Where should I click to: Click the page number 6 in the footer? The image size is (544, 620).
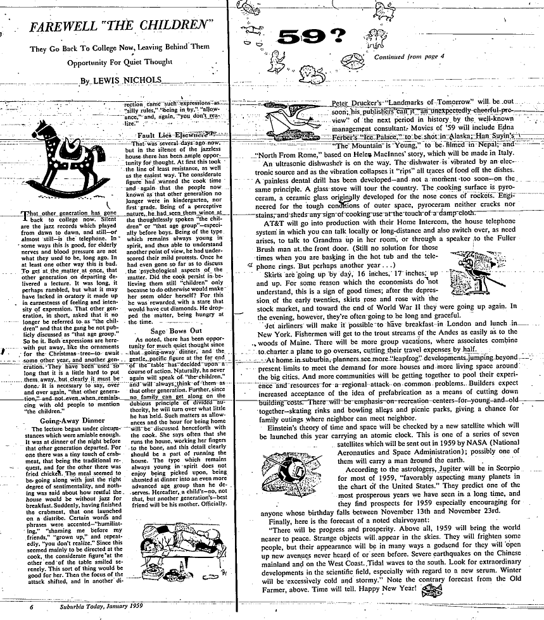pos(30,606)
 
